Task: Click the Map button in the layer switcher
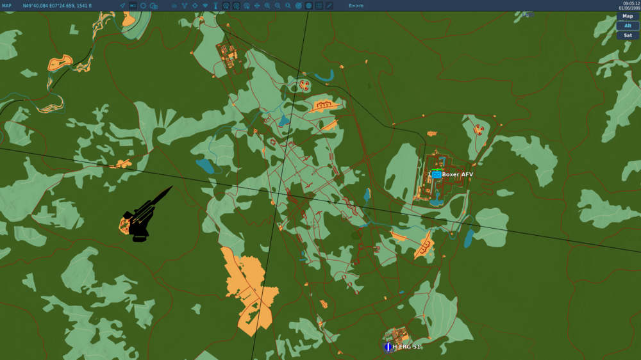coord(628,16)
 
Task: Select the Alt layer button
coord(628,26)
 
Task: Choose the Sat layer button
coord(628,36)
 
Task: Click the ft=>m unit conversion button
coord(356,6)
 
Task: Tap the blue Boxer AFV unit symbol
coord(437,174)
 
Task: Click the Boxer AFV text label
coord(458,174)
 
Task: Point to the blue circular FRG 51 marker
coord(388,347)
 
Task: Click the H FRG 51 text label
coord(406,347)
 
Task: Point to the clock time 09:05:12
coord(631,3)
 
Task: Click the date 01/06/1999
coord(629,8)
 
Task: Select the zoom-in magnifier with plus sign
coord(267,6)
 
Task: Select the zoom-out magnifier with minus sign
coord(278,6)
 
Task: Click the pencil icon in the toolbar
coord(329,6)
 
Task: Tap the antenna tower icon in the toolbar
coord(215,6)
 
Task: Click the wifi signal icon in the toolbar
coord(205,6)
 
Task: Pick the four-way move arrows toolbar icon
coord(257,6)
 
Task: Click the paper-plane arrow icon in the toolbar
coord(122,6)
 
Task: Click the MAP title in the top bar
coord(6,6)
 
